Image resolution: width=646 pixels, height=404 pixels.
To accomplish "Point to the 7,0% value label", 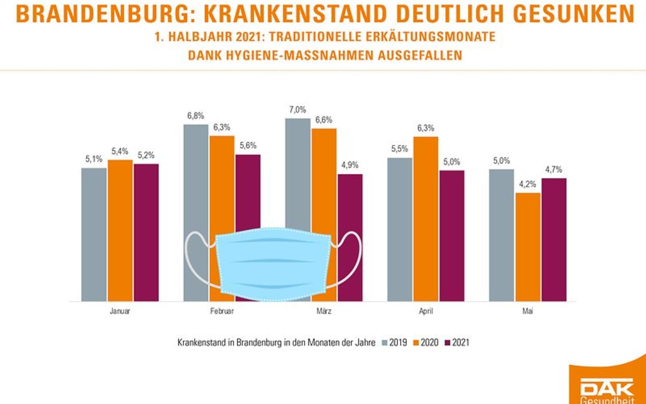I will point(297,110).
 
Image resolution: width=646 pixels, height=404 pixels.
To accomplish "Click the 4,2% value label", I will point(527,184).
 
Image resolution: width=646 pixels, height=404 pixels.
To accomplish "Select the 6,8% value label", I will point(196,116).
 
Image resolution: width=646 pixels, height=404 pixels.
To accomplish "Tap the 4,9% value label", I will point(350,165).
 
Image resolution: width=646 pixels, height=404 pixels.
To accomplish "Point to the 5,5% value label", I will point(399,149).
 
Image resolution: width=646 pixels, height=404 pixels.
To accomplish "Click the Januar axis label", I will point(120,311).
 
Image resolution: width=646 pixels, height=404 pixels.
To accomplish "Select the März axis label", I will point(324,311).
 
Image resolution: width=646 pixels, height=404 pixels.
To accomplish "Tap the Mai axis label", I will point(527,311).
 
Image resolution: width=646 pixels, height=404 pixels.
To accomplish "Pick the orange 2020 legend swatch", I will point(416,343).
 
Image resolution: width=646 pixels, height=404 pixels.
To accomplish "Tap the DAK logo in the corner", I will point(607,388).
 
